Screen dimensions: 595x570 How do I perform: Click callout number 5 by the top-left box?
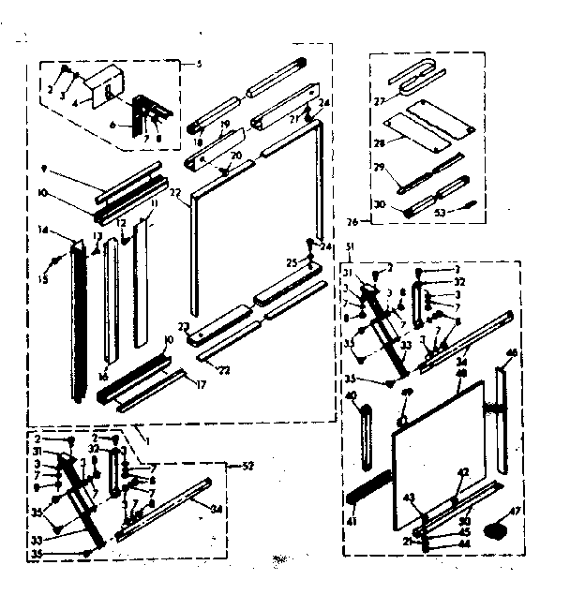pos(199,64)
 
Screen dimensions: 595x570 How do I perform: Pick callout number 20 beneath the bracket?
pos(236,156)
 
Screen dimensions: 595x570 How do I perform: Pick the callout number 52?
pos(248,466)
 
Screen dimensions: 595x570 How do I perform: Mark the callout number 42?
pos(462,472)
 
